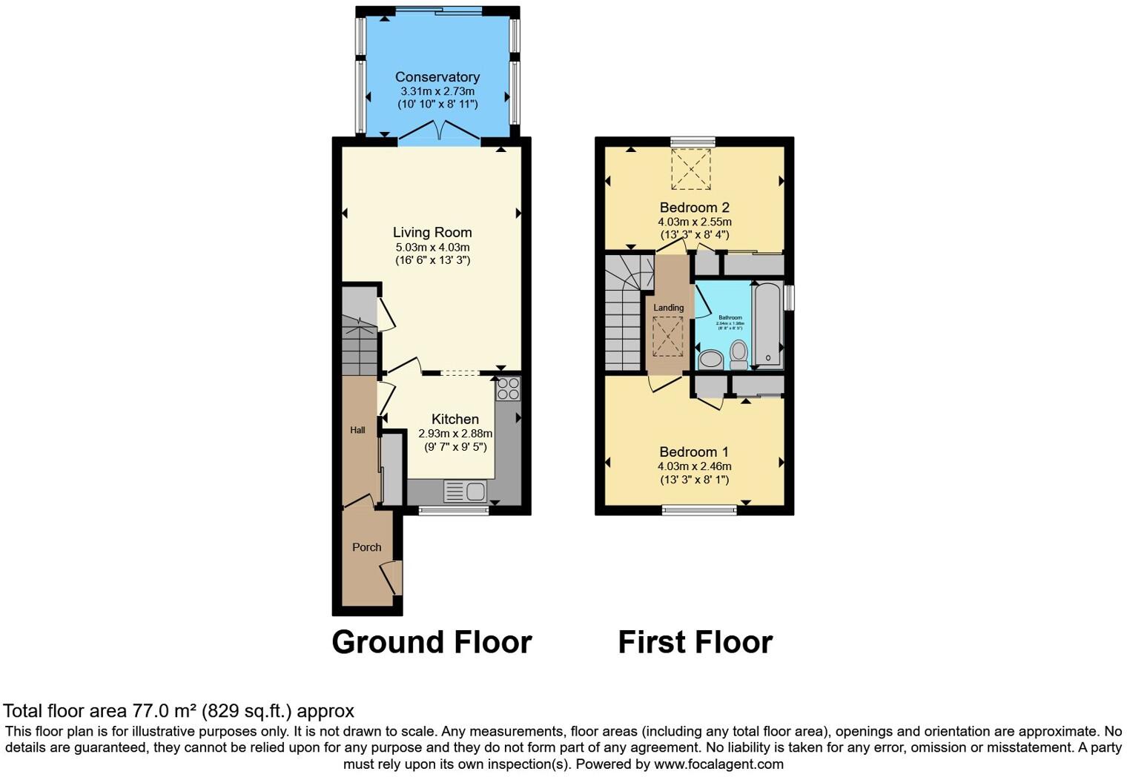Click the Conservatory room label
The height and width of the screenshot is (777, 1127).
(x=437, y=77)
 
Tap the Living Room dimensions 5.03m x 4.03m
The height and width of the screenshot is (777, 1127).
(x=432, y=247)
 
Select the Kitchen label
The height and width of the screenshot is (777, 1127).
(x=455, y=419)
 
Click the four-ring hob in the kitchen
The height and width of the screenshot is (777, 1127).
(x=508, y=389)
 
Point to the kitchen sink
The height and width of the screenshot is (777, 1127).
(x=465, y=491)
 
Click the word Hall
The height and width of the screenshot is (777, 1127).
(x=357, y=430)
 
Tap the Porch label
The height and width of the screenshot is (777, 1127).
(x=366, y=547)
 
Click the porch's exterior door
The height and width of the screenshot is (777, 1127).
(x=393, y=577)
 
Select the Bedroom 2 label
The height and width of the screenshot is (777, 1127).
(x=689, y=207)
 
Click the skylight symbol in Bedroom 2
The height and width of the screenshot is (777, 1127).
(x=691, y=169)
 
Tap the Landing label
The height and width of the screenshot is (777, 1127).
(x=668, y=308)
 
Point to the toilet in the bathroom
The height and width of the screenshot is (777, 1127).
(x=738, y=354)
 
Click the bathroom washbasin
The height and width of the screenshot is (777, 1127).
(x=710, y=360)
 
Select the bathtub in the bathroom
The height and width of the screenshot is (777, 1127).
(x=767, y=325)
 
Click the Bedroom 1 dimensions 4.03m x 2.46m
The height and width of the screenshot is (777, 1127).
(x=694, y=466)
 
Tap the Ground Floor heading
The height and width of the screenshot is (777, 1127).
(x=432, y=642)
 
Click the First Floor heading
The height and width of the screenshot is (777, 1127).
(x=695, y=642)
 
